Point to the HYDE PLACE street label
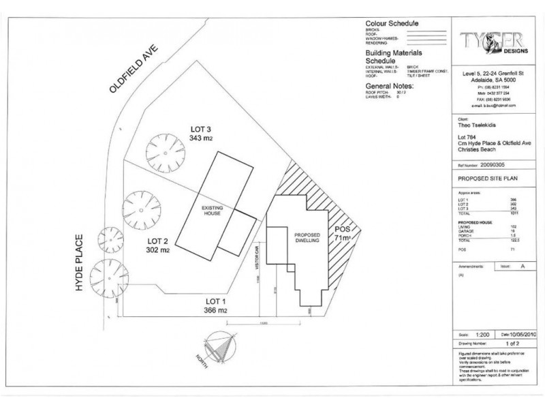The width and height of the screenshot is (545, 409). (80, 264)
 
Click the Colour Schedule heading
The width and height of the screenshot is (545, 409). (392, 22)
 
